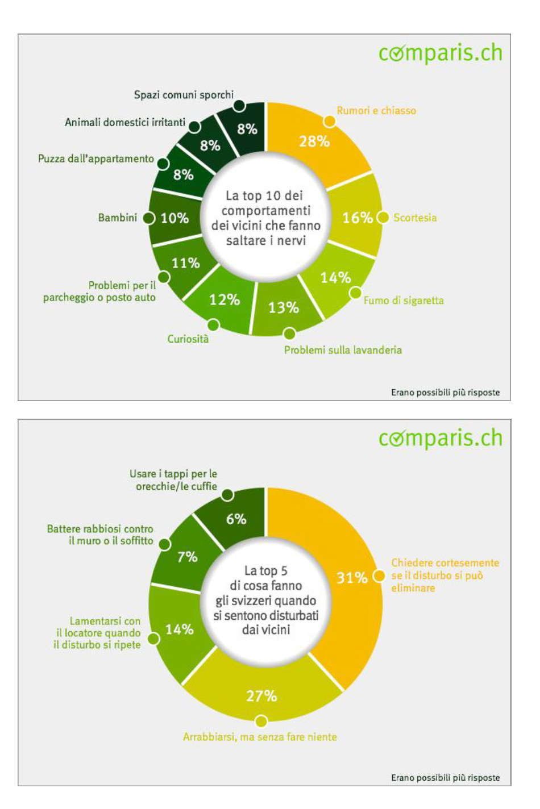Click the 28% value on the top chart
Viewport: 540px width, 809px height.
tap(314, 141)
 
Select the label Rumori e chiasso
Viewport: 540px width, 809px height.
tap(376, 110)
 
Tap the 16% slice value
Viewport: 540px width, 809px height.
tap(357, 218)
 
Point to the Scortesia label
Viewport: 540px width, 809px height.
tap(415, 218)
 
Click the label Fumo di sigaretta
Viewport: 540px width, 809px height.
tap(404, 301)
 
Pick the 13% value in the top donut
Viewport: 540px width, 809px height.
tap(284, 307)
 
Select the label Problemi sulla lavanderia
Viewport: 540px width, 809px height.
tap(343, 350)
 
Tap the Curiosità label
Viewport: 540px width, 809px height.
tap(188, 339)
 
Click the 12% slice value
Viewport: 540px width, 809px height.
tap(225, 299)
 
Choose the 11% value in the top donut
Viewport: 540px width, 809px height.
tap(186, 263)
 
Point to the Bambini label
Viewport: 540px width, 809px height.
tap(118, 218)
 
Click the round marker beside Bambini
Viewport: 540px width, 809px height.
tap(149, 218)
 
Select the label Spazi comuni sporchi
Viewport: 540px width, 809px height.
tap(184, 95)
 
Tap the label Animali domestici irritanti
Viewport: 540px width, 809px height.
tap(125, 122)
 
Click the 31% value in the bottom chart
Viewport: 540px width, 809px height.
tap(352, 578)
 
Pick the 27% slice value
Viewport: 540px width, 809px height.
tap(261, 696)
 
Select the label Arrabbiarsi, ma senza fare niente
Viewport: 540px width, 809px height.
tap(260, 737)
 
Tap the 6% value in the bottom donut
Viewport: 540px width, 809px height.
tap(236, 519)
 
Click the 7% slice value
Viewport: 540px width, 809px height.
tap(187, 557)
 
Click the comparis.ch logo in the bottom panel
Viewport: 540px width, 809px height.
tap(441, 439)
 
